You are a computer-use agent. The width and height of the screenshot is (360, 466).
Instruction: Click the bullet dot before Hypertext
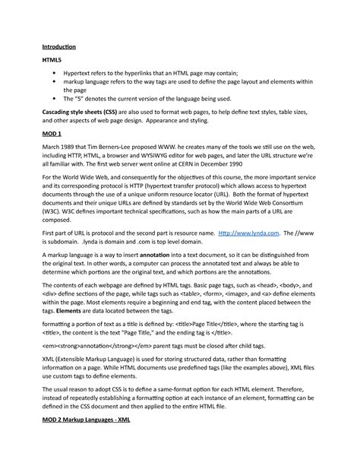(55, 74)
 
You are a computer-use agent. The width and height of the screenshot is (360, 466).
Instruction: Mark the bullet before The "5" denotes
(55, 99)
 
